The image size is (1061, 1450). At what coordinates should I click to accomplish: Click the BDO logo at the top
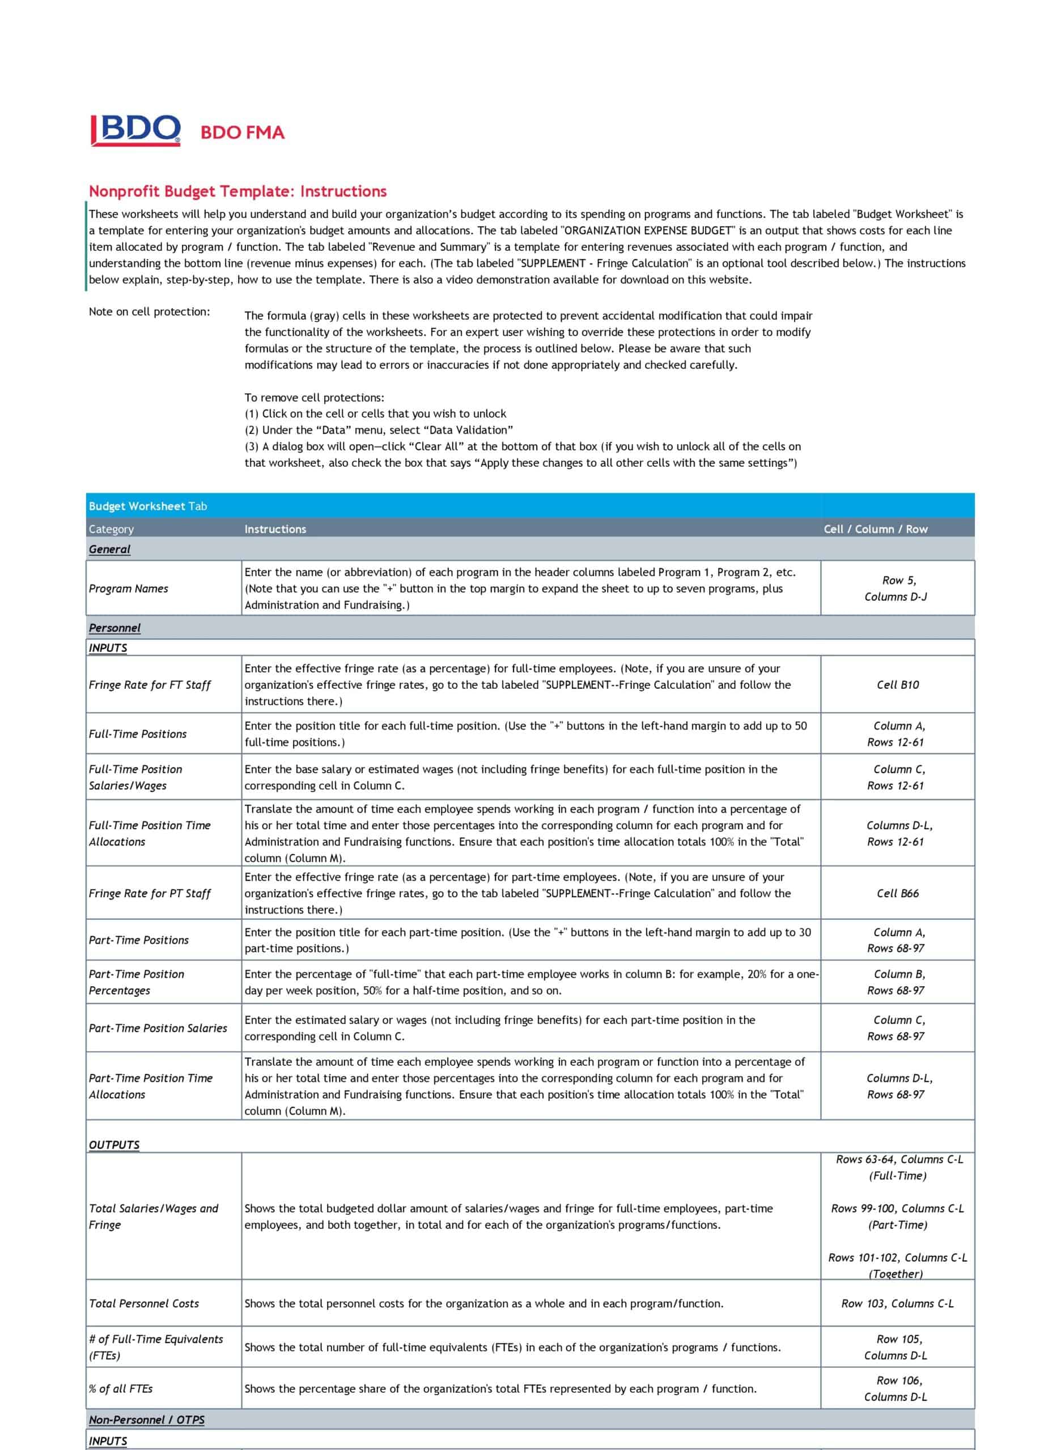point(135,130)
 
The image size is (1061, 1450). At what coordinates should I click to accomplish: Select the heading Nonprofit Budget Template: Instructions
point(237,191)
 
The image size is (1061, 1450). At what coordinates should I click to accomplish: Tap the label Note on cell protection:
point(149,312)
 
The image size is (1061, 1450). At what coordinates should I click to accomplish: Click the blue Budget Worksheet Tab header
point(148,506)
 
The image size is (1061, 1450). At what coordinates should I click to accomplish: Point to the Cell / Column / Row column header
point(876,529)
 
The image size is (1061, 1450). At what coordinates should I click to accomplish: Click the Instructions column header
point(275,529)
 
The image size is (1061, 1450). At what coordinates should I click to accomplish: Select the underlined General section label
point(109,549)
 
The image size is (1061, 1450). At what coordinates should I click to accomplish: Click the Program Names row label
point(129,588)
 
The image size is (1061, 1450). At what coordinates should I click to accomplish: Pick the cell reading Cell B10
point(897,685)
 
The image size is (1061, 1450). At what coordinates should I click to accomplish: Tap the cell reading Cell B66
point(897,893)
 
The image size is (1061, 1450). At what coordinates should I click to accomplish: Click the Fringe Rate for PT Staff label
point(150,893)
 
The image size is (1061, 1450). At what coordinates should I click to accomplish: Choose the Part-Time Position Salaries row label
point(158,1028)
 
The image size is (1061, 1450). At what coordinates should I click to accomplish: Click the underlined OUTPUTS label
point(114,1145)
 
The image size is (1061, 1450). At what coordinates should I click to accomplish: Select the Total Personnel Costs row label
point(144,1304)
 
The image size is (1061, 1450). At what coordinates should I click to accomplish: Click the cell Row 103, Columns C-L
point(897,1304)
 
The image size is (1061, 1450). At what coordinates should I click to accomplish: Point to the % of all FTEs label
point(121,1389)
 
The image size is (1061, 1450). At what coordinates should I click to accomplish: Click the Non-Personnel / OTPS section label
point(146,1420)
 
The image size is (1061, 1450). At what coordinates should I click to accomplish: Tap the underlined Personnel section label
point(114,628)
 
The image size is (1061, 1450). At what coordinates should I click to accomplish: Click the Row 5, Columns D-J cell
point(896,588)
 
